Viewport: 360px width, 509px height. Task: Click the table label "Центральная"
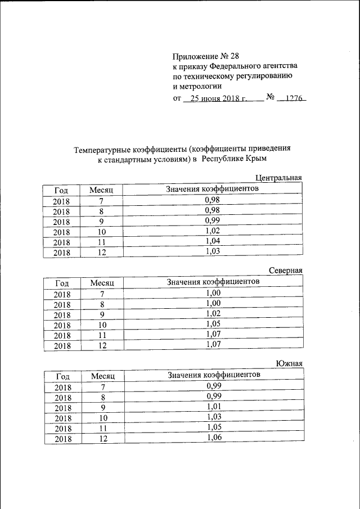[279, 178]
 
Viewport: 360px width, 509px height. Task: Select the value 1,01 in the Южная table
[213, 406]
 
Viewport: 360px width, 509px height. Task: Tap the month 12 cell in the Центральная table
[102, 253]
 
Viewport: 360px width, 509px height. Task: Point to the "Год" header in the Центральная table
[61, 191]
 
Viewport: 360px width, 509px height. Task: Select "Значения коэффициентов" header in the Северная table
[213, 281]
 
